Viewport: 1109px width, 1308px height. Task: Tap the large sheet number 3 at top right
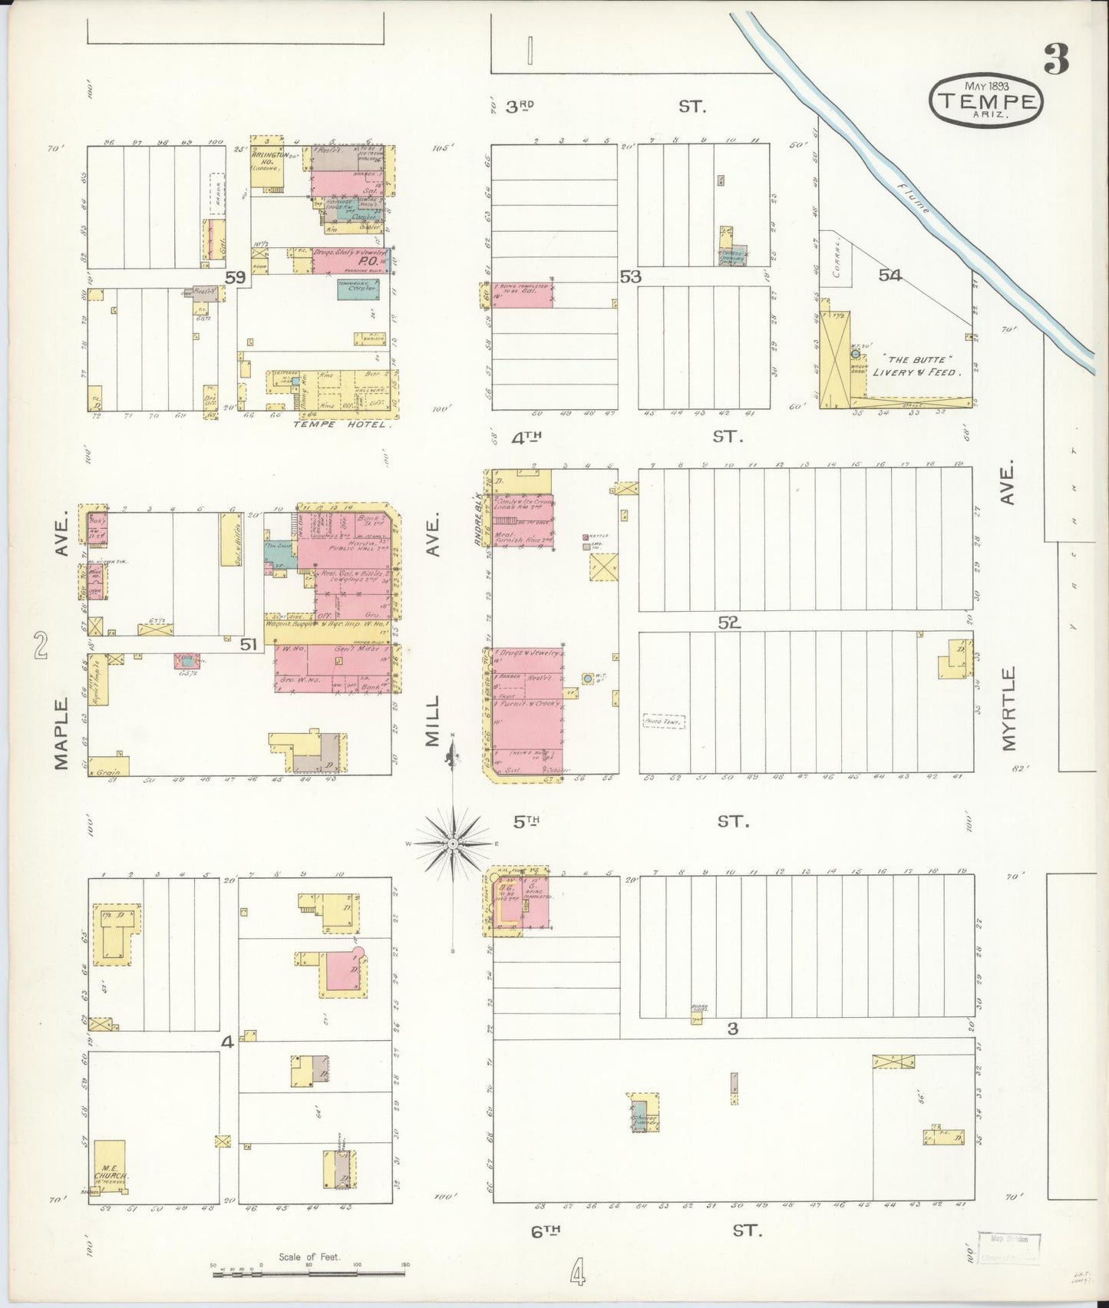pos(1056,60)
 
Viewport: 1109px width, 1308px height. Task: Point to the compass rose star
pos(454,844)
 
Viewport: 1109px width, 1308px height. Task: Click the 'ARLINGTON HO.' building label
pos(267,158)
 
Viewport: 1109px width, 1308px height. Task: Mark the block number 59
pos(235,278)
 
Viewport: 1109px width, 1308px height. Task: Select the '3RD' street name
pos(520,107)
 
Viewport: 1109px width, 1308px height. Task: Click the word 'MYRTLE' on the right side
pos(1008,708)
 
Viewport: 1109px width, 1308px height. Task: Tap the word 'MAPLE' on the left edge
pos(63,732)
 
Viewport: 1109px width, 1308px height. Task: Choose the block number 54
pos(890,275)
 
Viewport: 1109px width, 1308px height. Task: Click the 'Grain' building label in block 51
pos(107,771)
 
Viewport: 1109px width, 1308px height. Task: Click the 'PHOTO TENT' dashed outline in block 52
pos(663,722)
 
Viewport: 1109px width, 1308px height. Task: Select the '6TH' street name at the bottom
pos(545,1230)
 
